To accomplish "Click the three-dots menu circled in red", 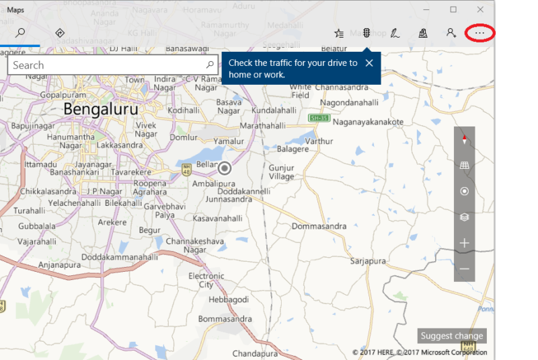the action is [x=479, y=32].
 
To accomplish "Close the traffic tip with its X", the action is [x=369, y=63].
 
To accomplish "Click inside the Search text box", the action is [x=108, y=65].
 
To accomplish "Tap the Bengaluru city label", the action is [x=101, y=109].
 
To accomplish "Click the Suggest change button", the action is [x=452, y=336].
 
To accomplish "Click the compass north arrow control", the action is [x=464, y=140].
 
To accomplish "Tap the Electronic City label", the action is [x=206, y=280].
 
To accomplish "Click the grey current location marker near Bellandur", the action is [x=225, y=168].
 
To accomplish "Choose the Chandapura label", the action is [x=255, y=353].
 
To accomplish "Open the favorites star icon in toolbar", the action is [x=339, y=32].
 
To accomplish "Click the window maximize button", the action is [x=453, y=9].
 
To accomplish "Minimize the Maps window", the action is [x=426, y=9].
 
